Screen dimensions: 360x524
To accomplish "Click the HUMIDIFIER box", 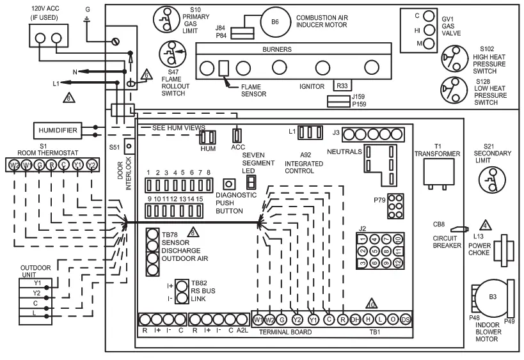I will [58, 131].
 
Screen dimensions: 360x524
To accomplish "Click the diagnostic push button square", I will [226, 183].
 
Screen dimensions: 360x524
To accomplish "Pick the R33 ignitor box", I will [343, 84].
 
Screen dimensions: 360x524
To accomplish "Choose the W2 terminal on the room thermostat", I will [13, 165].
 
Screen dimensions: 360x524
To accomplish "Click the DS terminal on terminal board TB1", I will [404, 319].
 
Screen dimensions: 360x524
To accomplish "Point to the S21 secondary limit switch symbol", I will [491, 180].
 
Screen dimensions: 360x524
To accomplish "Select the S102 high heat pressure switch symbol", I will [452, 61].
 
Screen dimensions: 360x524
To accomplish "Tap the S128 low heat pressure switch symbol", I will [452, 89].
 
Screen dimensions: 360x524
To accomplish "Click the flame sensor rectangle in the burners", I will [224, 67].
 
